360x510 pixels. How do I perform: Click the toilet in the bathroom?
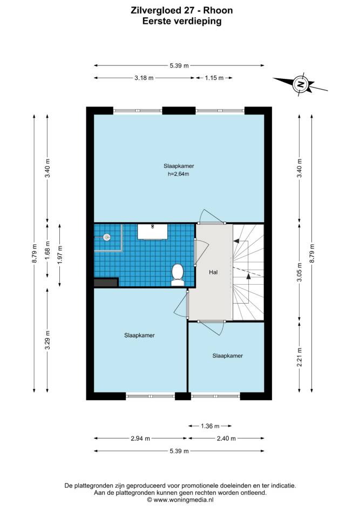[x=178, y=275]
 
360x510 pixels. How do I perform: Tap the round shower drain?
[x=106, y=237]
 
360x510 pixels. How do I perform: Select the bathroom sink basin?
[x=152, y=232]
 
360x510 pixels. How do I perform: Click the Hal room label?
[x=213, y=272]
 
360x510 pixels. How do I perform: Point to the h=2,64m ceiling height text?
[x=178, y=174]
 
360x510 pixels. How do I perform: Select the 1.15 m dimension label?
[x=214, y=78]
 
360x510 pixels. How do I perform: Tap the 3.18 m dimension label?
[x=144, y=78]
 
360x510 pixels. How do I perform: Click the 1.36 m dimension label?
[x=210, y=426]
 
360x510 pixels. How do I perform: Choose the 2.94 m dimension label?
[x=140, y=439]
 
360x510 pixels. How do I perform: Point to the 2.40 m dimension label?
[x=226, y=439]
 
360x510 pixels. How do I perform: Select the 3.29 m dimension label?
[x=47, y=340]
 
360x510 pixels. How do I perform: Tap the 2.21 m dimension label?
[x=300, y=357]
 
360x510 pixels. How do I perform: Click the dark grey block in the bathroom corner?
[x=106, y=283]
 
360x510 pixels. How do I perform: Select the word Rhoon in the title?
[x=218, y=10]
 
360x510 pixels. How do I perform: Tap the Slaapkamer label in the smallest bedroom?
[x=227, y=356]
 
